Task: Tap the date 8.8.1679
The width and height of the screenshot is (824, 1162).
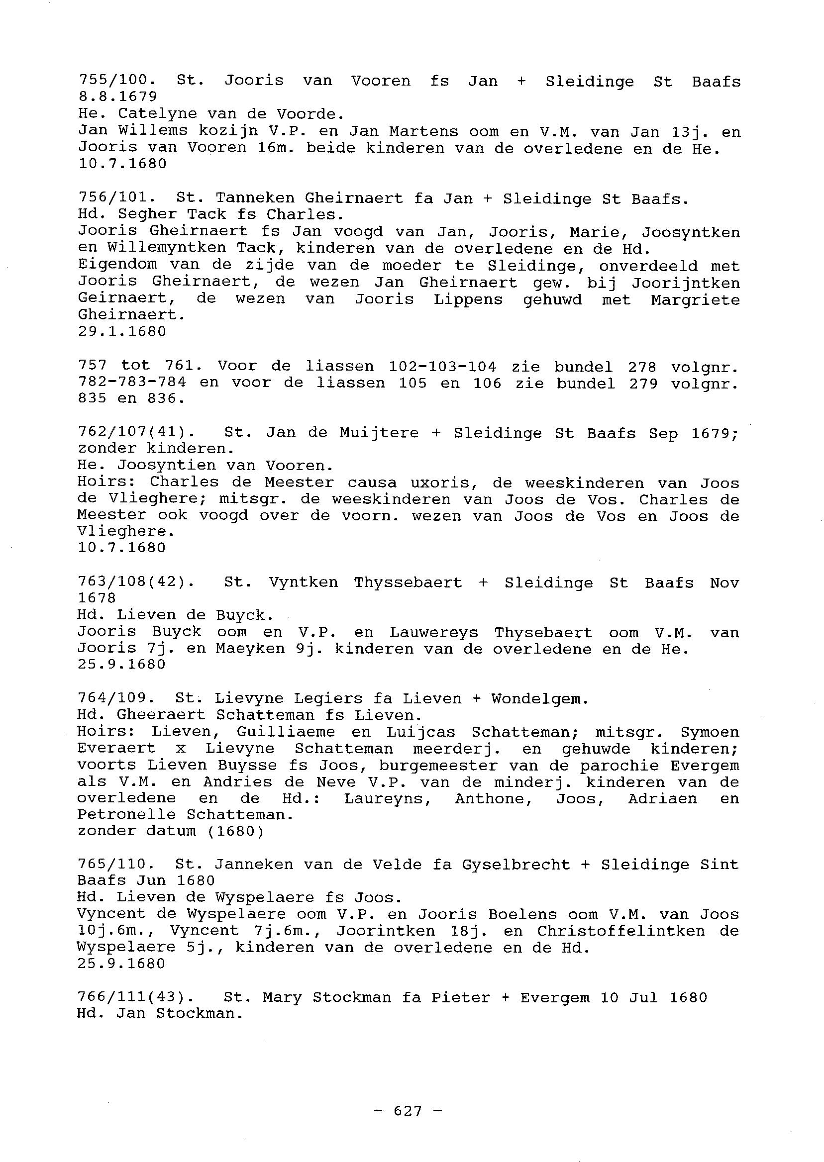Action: click(x=117, y=97)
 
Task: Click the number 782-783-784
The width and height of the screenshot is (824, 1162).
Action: click(x=132, y=382)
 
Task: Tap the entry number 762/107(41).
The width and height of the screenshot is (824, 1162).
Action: click(x=136, y=432)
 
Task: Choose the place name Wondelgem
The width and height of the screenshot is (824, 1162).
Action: click(x=540, y=699)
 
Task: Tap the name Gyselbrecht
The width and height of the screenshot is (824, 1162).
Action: click(x=515, y=864)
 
